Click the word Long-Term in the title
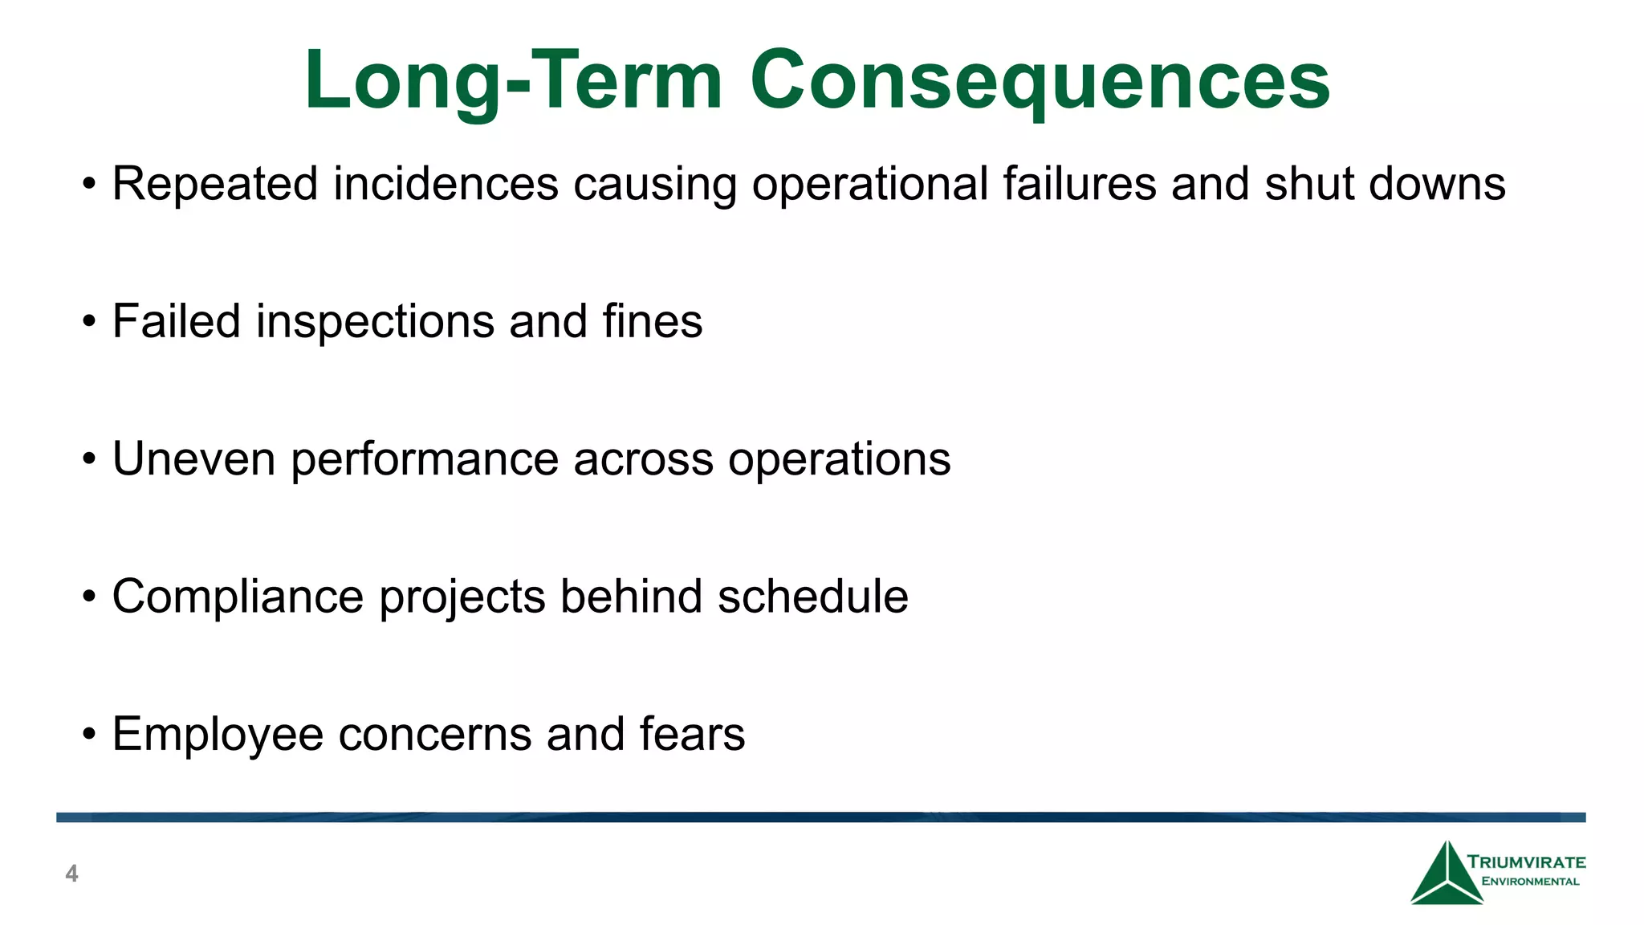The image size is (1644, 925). click(x=514, y=80)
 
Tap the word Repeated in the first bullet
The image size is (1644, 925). click(x=215, y=184)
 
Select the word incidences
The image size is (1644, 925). click(x=446, y=184)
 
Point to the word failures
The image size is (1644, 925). click(x=1080, y=184)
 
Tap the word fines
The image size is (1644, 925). click(x=652, y=321)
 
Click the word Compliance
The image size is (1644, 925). click(x=238, y=597)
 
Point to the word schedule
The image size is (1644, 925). click(x=812, y=597)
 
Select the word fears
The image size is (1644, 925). click(x=692, y=734)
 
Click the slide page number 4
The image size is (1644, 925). click(x=71, y=874)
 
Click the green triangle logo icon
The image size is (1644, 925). click(x=1447, y=877)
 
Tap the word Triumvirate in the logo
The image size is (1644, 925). click(x=1527, y=862)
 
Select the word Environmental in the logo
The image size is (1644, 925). click(x=1530, y=882)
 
